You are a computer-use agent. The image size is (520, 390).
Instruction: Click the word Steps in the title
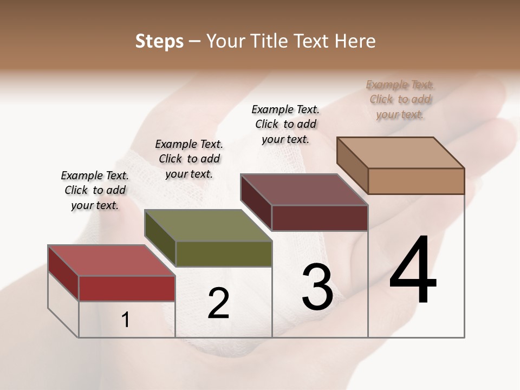(x=159, y=41)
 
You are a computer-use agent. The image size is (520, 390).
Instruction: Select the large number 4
(x=413, y=271)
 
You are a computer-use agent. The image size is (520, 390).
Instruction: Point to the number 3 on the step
(x=317, y=287)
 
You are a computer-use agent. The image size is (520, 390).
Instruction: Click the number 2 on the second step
(x=218, y=303)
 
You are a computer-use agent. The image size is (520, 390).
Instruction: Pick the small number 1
(x=126, y=320)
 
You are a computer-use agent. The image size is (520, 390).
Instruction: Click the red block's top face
(x=111, y=261)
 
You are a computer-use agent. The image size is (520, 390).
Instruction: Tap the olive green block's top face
(x=208, y=225)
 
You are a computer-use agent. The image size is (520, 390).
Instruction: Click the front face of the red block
(x=127, y=288)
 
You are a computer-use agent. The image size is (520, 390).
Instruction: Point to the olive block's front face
(x=224, y=253)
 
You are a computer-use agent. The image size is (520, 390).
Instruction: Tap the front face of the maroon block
(x=320, y=218)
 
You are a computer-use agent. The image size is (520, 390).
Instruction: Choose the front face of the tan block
(x=416, y=181)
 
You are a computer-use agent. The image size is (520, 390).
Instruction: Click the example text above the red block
(x=95, y=190)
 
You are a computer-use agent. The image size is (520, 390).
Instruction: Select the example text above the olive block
(x=189, y=159)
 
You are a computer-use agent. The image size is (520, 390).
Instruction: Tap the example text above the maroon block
(x=285, y=124)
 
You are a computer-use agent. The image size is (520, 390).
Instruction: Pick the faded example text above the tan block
(x=400, y=99)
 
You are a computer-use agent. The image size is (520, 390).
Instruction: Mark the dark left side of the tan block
(x=352, y=165)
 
